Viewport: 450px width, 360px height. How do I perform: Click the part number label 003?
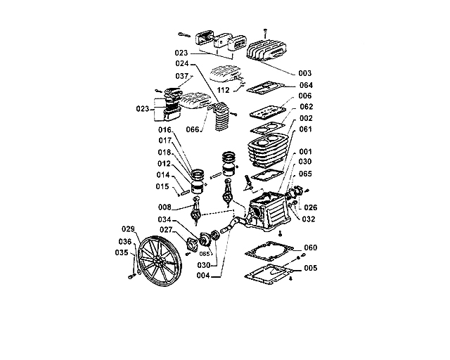coord(304,73)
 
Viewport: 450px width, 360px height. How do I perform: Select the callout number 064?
coord(306,85)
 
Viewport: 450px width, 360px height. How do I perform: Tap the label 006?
coord(304,96)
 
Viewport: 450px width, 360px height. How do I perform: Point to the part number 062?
coord(306,107)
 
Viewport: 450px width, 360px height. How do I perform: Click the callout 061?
coord(306,129)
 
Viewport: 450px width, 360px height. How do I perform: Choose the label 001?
coord(306,151)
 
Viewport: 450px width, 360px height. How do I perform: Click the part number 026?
coord(310,207)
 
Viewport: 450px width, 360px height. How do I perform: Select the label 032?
coord(309,219)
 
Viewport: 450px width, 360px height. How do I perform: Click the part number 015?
coord(162,186)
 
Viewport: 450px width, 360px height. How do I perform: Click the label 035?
coord(122,252)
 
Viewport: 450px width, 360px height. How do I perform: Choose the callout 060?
coord(310,247)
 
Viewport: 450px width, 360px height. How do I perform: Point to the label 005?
coord(310,269)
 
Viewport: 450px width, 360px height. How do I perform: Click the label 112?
coord(223,90)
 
